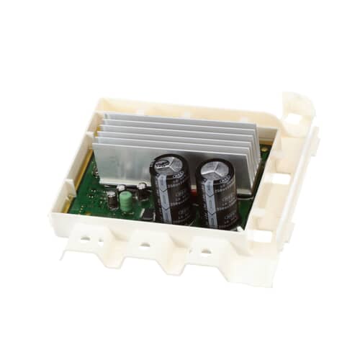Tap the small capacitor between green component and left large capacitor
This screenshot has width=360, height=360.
tap(143, 190)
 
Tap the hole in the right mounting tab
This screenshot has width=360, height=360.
tap(208, 253)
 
